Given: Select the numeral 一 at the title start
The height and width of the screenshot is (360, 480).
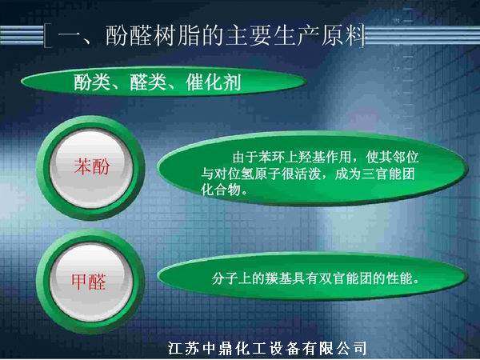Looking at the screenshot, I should click(70, 37).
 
